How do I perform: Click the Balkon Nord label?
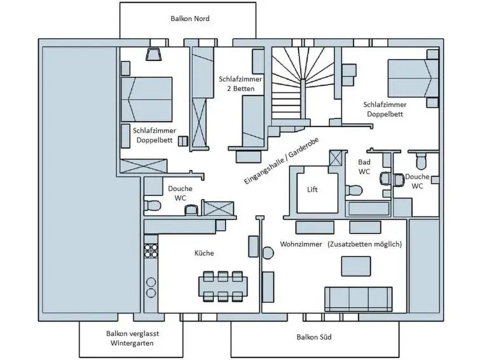tap(189, 18)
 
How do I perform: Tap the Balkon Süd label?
tap(314, 337)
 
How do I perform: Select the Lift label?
tap(312, 190)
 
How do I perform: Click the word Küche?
tap(204, 253)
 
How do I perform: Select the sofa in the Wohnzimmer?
tap(358, 298)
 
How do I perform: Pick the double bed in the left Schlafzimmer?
tap(148, 99)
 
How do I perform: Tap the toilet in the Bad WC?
tap(353, 189)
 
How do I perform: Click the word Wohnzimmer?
tap(300, 244)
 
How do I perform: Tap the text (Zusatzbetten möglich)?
tap(366, 244)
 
